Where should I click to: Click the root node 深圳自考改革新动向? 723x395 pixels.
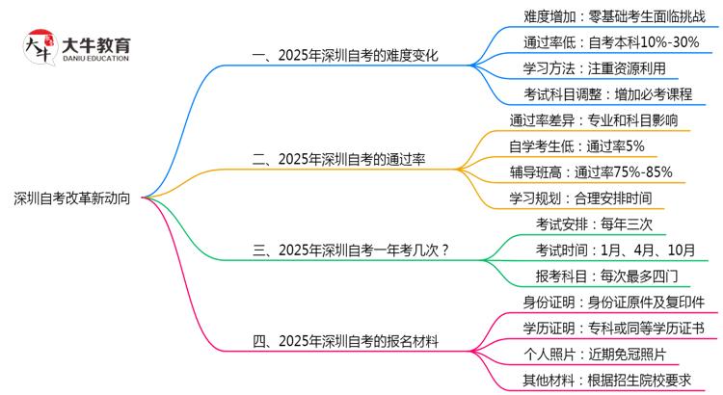(x=72, y=198)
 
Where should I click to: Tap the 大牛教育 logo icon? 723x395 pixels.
(x=40, y=47)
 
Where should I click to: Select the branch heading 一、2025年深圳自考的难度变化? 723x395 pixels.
(x=345, y=56)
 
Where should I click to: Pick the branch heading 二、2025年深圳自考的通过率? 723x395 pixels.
(x=338, y=160)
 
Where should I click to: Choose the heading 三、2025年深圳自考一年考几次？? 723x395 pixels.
(x=351, y=250)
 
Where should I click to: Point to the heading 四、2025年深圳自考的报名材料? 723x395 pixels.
(x=345, y=342)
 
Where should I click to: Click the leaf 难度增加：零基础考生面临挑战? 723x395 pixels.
(x=615, y=16)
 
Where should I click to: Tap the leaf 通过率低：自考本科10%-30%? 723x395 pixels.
(x=611, y=42)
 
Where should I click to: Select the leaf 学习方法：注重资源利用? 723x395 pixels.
(x=595, y=68)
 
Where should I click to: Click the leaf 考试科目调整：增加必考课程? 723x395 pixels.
(x=608, y=94)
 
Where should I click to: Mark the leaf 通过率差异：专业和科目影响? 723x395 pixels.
(x=594, y=120)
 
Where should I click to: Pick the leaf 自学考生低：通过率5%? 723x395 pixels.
(x=576, y=146)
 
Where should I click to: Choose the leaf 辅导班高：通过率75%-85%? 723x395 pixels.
(x=591, y=172)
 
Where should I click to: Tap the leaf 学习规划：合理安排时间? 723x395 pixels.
(x=581, y=198)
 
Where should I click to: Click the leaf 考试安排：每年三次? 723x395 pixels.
(x=595, y=224)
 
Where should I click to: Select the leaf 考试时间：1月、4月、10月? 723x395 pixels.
(x=616, y=250)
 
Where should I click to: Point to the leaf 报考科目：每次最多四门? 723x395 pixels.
(x=606, y=276)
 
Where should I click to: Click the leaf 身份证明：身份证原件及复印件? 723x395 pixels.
(x=614, y=303)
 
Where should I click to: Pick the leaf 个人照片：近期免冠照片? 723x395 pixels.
(x=596, y=355)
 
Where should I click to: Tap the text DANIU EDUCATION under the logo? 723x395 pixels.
(x=95, y=59)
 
